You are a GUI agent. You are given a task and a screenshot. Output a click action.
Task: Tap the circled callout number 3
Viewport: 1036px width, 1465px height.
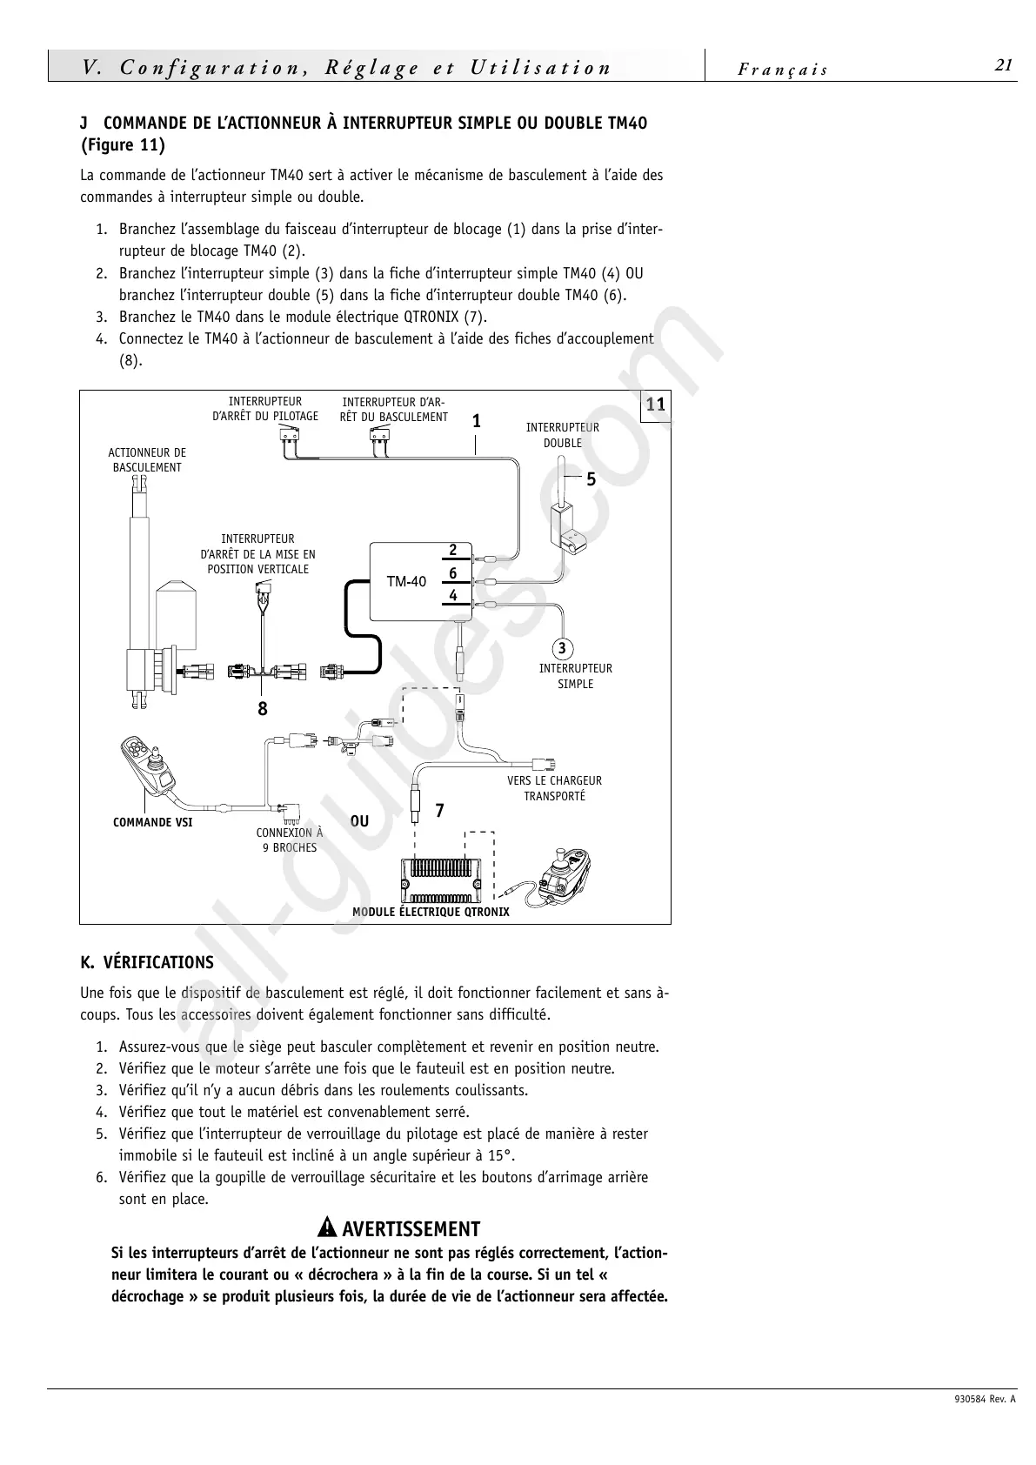coord(562,648)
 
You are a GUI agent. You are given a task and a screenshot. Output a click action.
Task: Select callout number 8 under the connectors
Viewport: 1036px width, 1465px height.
coord(263,709)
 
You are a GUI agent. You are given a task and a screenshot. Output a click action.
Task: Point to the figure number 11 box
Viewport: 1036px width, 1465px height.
coord(655,404)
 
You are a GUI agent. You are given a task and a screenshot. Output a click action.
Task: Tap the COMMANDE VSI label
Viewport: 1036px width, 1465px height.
coord(153,822)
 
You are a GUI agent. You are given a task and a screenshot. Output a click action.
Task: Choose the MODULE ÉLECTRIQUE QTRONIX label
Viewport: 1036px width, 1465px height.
coord(431,912)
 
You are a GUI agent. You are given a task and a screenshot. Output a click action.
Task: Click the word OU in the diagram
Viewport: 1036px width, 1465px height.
coord(359,821)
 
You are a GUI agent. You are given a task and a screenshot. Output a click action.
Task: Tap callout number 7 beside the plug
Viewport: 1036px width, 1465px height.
coord(439,811)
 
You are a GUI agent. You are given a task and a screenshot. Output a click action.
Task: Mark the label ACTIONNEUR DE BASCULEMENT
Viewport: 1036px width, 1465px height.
coord(147,459)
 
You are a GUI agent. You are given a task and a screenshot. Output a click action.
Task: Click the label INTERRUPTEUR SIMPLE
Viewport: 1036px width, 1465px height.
coord(575,676)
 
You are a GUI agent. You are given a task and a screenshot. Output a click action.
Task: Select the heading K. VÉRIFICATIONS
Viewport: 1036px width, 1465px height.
coord(146,963)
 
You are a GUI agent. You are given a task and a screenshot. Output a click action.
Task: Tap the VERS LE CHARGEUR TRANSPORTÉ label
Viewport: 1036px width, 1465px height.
coord(554,788)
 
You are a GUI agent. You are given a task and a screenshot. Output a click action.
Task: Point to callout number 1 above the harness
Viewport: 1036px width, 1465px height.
coord(476,421)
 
